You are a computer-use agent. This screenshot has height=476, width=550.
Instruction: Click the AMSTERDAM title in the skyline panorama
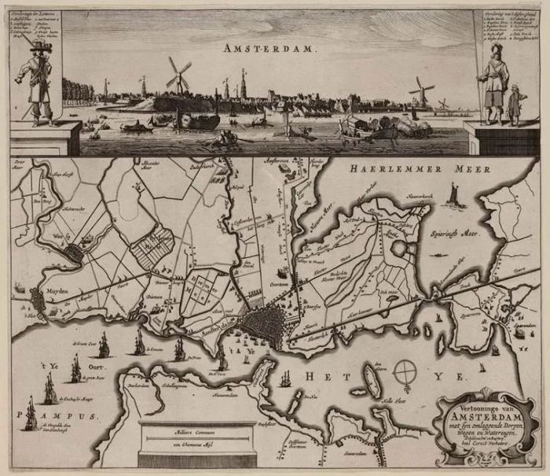tap(270, 49)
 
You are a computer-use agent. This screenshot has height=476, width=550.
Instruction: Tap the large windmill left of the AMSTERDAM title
tap(178, 76)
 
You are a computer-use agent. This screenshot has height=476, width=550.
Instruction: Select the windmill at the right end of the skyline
tap(423, 90)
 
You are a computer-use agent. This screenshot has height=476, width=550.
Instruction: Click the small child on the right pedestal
tap(515, 105)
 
